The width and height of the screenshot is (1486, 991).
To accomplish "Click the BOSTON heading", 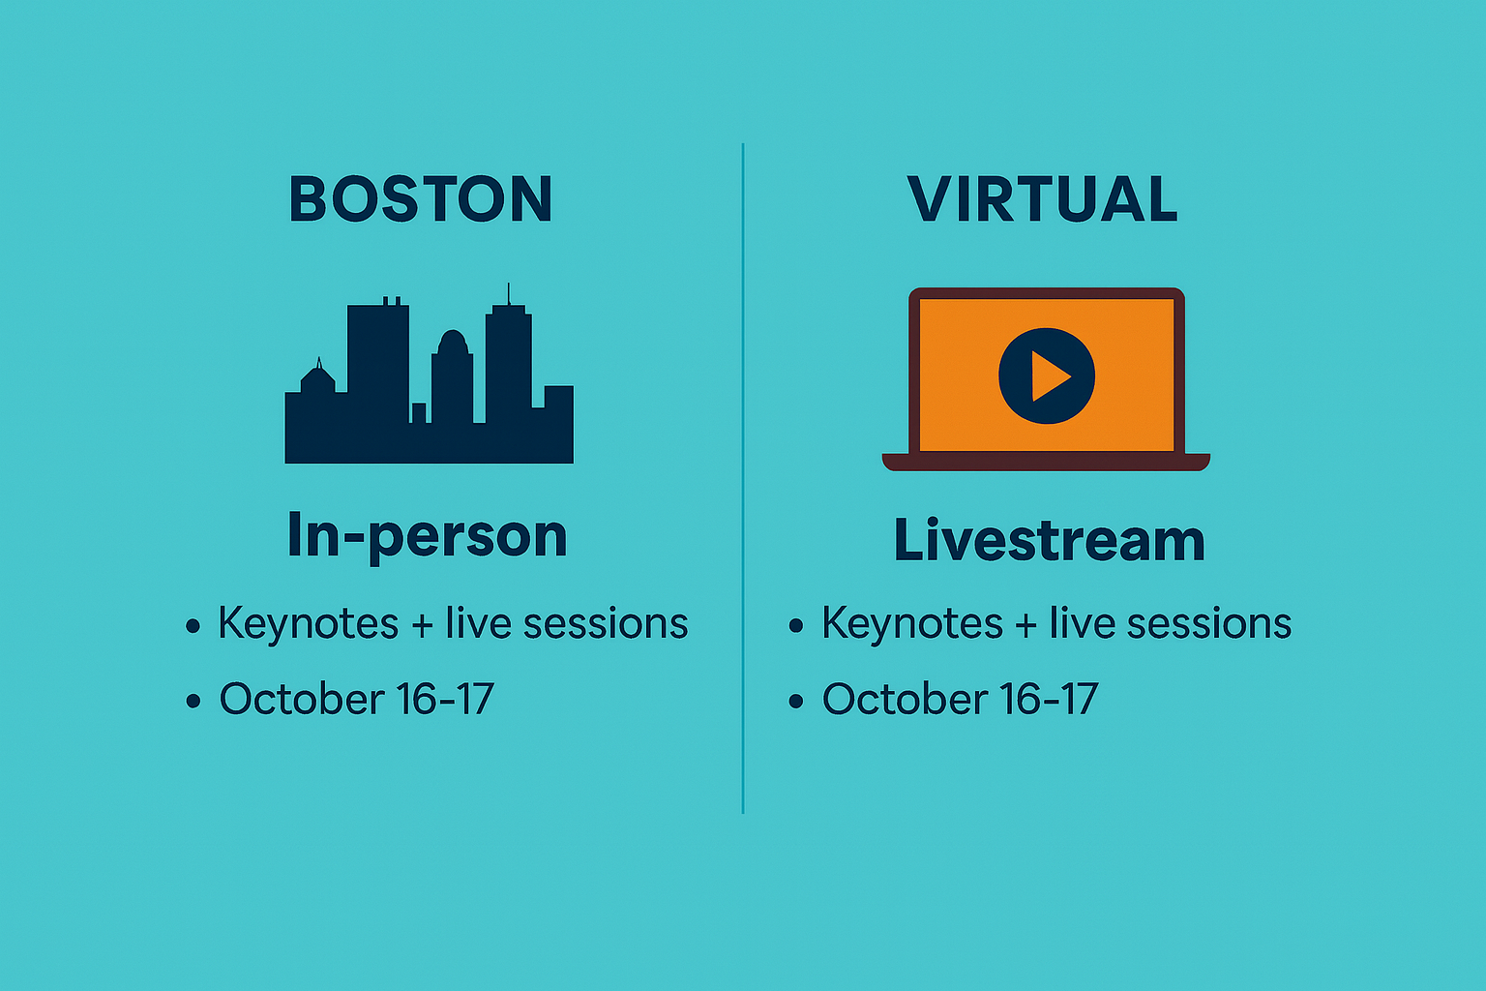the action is pos(421,198).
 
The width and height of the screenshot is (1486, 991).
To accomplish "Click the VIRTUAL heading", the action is pos(1042,198).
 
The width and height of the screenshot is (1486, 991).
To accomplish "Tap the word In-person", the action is pos(428,537).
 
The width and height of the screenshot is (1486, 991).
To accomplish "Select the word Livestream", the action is pos(1050,540).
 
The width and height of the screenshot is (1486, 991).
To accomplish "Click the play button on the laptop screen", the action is pos(1047,375).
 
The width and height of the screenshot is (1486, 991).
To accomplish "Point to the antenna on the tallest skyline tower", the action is pos(509,293).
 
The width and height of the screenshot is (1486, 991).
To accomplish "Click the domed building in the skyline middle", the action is pos(453,375).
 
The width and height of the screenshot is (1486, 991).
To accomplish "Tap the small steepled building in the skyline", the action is pos(317,376).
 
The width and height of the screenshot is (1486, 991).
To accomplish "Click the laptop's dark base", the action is pos(1046,462).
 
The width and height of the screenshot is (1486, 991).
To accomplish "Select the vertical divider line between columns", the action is pos(743,478).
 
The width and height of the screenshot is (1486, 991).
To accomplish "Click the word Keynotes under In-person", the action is pos(309,624).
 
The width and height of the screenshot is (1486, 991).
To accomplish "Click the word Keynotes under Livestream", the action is pos(912,624).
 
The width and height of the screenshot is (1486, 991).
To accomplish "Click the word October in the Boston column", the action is pos(302,699).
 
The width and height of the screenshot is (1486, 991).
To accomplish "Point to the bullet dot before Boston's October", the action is pos(193,701).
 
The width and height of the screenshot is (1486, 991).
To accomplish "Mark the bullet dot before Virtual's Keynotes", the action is pos(796,625).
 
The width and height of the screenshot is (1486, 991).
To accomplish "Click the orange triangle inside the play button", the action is pos(1049,376).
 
